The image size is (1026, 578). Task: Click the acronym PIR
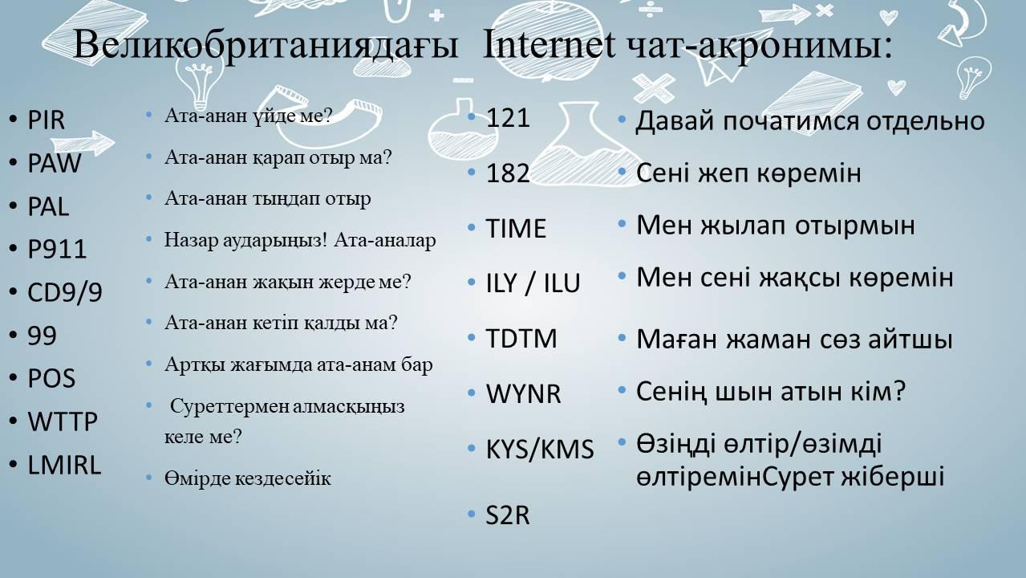click(x=46, y=120)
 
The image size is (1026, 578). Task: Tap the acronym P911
click(x=57, y=249)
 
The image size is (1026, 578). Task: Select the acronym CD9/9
click(x=65, y=292)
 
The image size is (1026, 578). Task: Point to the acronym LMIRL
click(x=64, y=465)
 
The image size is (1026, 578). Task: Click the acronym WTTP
click(x=63, y=421)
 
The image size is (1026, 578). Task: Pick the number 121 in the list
click(x=508, y=118)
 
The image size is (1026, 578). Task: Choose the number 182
click(x=508, y=173)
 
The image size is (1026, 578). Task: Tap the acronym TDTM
click(x=521, y=339)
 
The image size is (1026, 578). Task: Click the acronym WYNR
click(x=523, y=393)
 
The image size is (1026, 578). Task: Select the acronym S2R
click(x=508, y=515)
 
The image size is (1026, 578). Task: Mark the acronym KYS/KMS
click(x=540, y=450)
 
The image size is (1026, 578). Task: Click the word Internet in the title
click(x=549, y=44)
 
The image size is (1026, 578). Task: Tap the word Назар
click(x=190, y=240)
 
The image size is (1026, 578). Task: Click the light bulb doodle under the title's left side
click(x=200, y=83)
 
